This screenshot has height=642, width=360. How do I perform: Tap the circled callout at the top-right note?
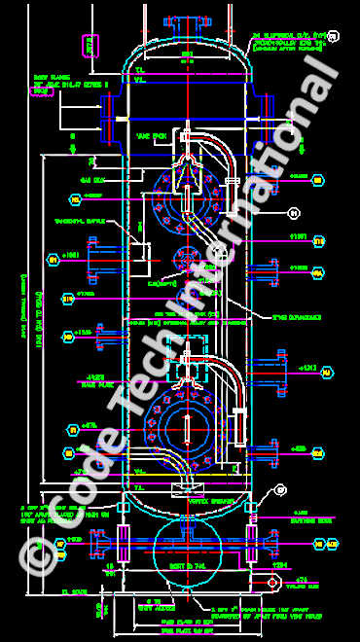coord(334,37)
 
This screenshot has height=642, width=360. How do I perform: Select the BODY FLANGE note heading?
coord(48,75)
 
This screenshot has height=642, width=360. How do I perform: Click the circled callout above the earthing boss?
coord(281,491)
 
